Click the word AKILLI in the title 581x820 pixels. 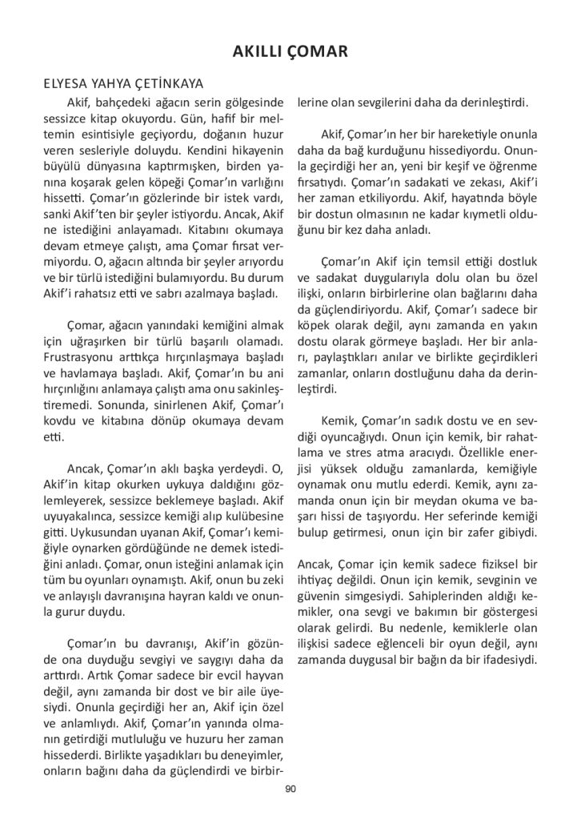pos(261,52)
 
